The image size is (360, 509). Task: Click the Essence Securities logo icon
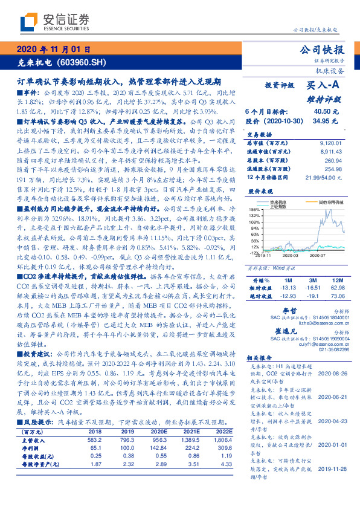28,22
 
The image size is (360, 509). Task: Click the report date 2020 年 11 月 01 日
54,49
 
